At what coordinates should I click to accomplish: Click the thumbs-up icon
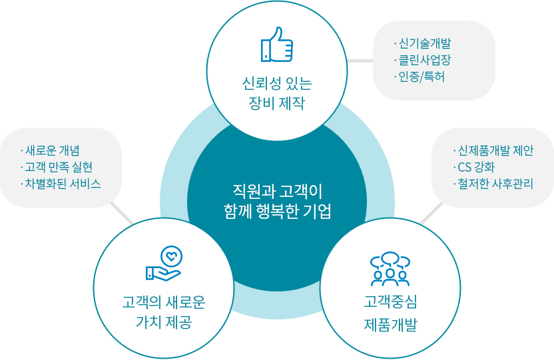pyautogui.click(x=276, y=45)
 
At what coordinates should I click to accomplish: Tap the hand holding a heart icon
pyautogui.click(x=164, y=264)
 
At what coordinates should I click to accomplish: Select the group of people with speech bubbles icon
pyautogui.click(x=390, y=269)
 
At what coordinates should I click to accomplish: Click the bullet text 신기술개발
pyautogui.click(x=425, y=43)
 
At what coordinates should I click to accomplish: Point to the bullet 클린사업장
pyautogui.click(x=425, y=60)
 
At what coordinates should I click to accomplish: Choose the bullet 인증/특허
pyautogui.click(x=421, y=77)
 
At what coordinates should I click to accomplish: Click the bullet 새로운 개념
pyautogui.click(x=53, y=150)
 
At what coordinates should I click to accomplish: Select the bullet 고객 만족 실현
pyautogui.click(x=59, y=167)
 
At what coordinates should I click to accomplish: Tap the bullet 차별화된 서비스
pyautogui.click(x=63, y=184)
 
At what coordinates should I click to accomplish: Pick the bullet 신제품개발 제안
pyautogui.click(x=495, y=150)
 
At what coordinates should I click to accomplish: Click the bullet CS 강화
pyautogui.click(x=476, y=167)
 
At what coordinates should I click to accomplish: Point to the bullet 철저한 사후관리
pyautogui.click(x=495, y=184)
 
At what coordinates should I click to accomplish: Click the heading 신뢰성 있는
pyautogui.click(x=276, y=83)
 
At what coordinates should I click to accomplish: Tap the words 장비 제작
pyautogui.click(x=276, y=103)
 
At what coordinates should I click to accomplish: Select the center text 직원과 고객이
pyautogui.click(x=278, y=191)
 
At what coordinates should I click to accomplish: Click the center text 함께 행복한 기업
pyautogui.click(x=278, y=212)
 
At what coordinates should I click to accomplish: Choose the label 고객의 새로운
pyautogui.click(x=164, y=302)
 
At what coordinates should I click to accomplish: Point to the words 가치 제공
pyautogui.click(x=164, y=322)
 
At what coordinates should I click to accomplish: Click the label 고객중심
pyautogui.click(x=390, y=301)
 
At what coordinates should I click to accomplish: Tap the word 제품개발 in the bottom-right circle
pyautogui.click(x=390, y=324)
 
